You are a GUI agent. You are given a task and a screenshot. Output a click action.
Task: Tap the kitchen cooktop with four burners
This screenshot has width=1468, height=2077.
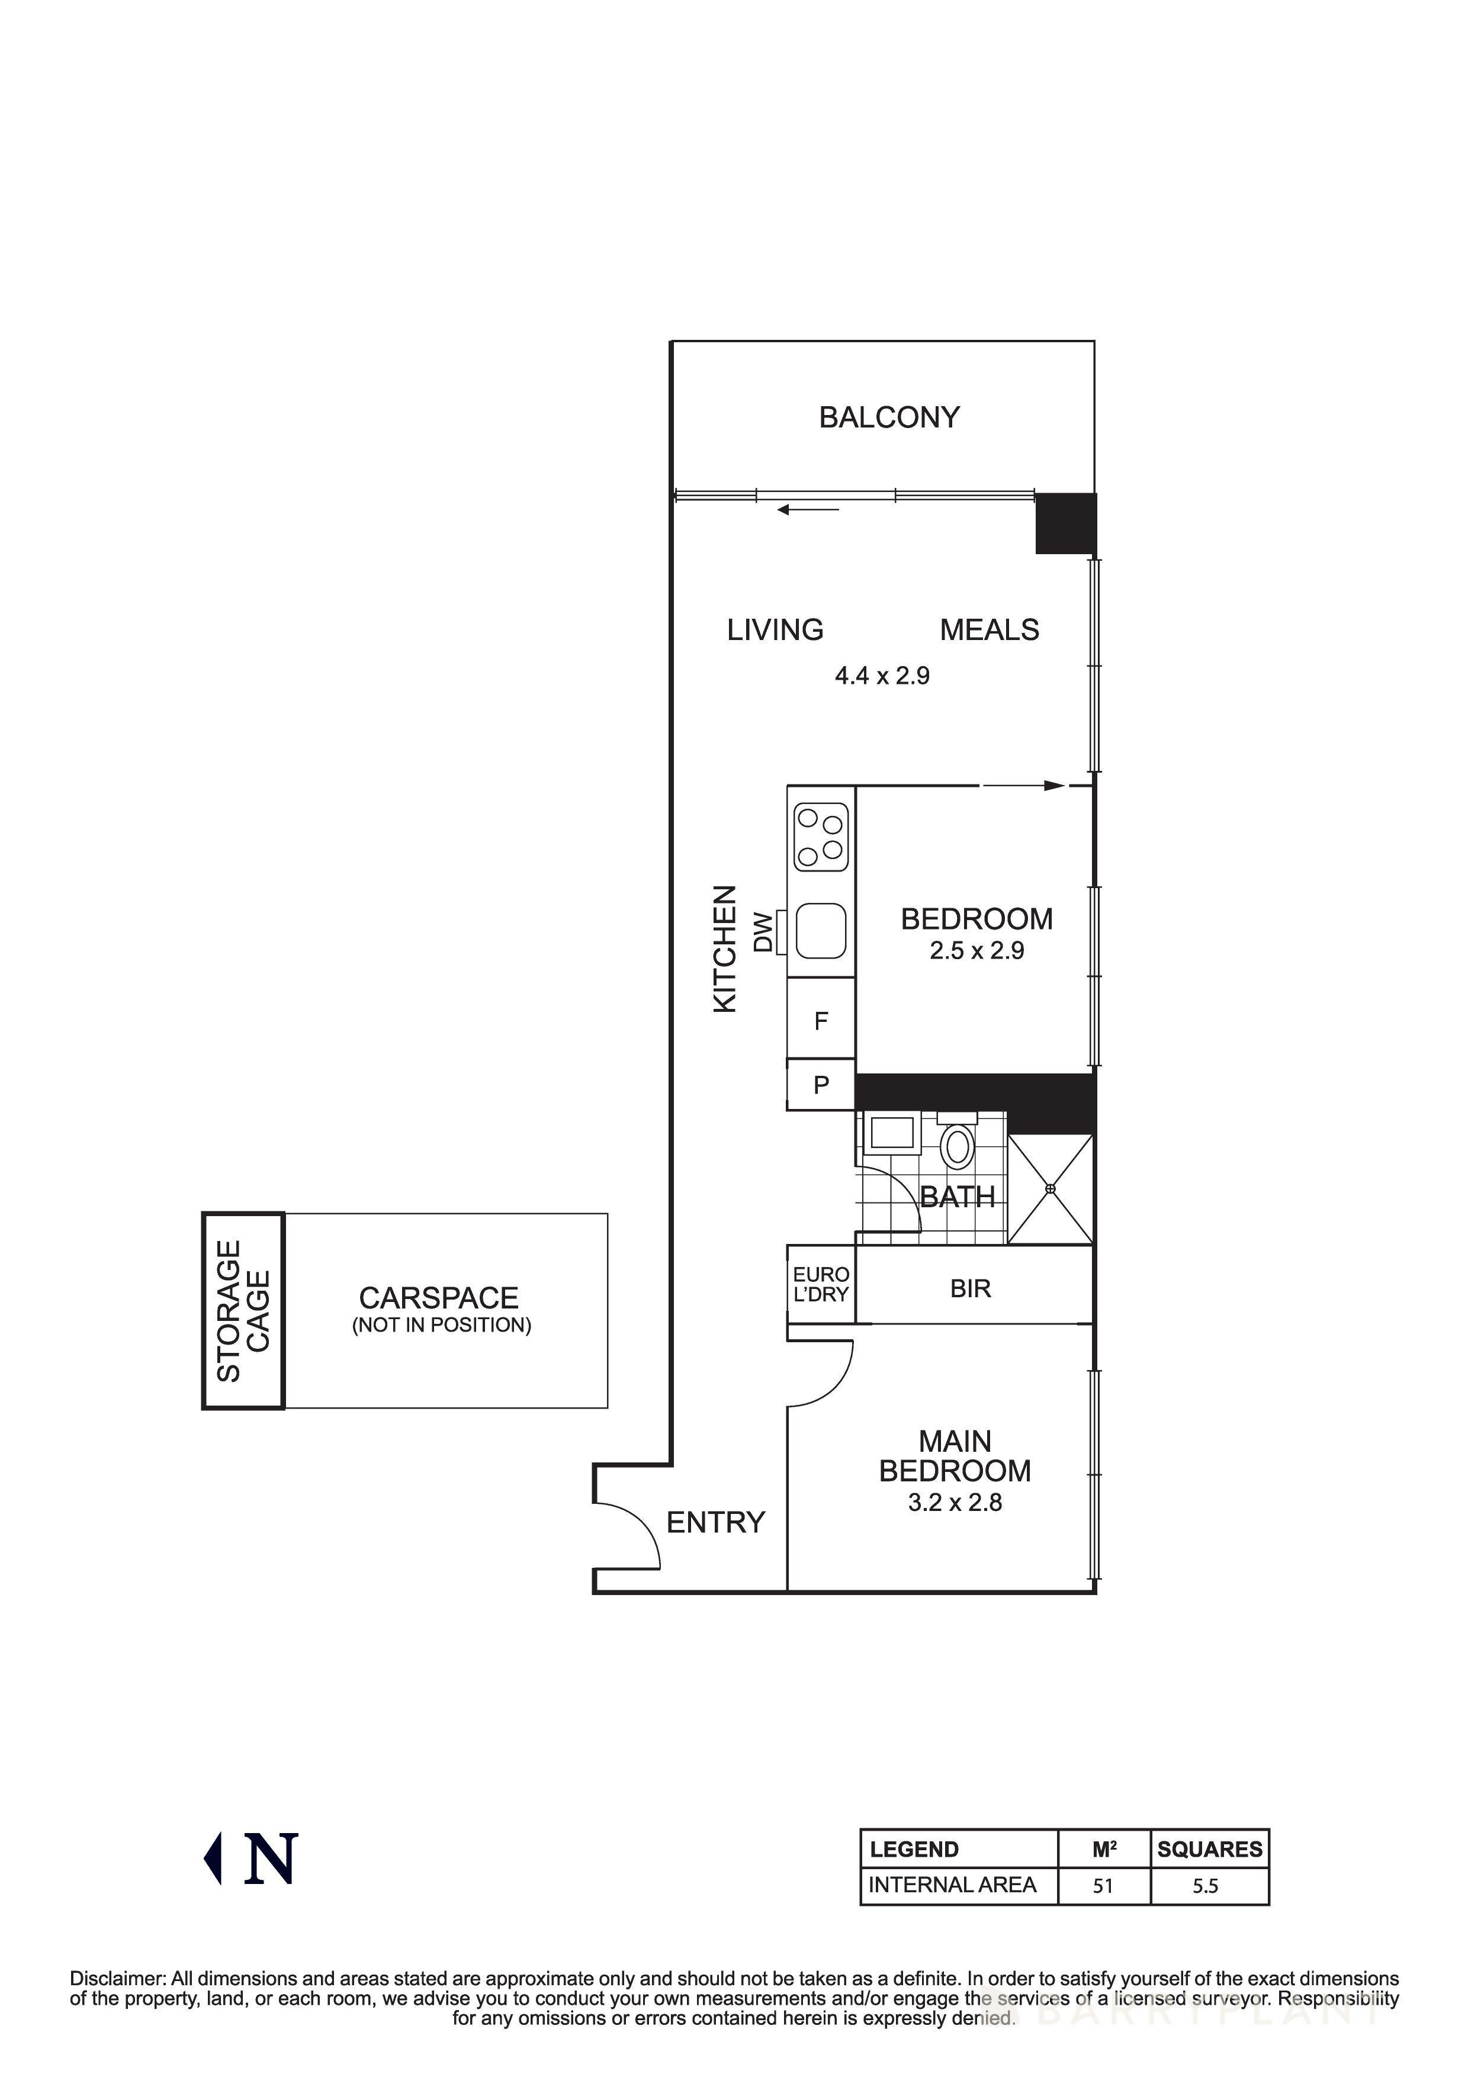coord(820,837)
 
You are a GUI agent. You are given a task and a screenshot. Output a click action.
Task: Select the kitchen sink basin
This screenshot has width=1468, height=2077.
coord(820,931)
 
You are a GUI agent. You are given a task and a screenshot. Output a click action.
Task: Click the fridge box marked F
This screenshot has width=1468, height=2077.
coord(820,1021)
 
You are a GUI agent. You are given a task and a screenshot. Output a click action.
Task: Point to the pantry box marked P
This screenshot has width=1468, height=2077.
coord(820,1085)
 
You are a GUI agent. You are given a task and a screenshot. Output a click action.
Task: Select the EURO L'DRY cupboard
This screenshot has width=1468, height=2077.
coord(820,1285)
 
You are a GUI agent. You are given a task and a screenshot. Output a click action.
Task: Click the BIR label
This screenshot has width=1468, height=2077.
coord(971,1288)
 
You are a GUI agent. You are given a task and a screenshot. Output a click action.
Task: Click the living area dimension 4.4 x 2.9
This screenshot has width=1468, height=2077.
coord(882,676)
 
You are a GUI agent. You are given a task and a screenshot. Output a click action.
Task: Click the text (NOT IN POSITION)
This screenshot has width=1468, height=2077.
coord(441,1325)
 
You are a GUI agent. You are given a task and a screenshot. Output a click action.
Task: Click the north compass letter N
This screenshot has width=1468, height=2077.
coord(271,1859)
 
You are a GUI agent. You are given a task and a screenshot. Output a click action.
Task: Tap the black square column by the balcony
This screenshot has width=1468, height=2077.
coord(1065,523)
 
